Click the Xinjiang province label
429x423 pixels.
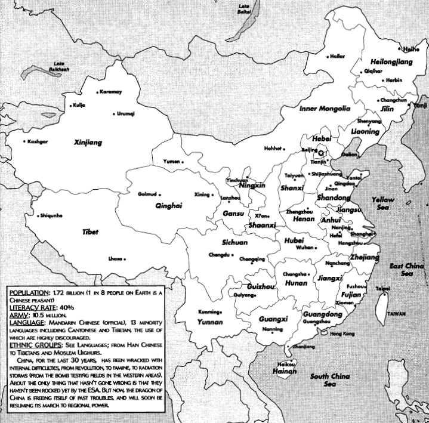point(88,143)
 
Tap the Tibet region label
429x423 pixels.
point(90,231)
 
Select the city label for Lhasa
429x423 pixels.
point(115,258)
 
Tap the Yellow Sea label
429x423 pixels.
point(382,203)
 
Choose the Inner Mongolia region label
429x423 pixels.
point(324,109)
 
